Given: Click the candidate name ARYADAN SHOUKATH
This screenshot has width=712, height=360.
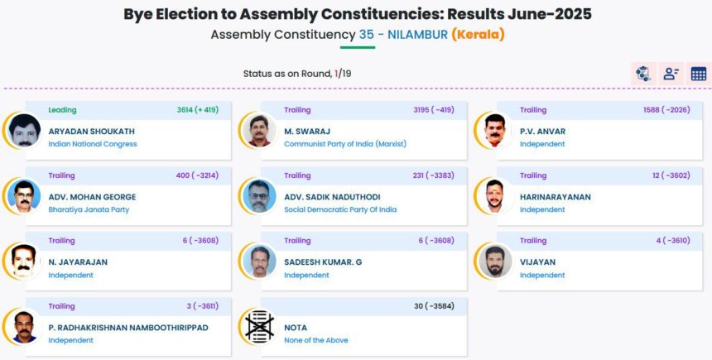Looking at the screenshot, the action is [x=92, y=132].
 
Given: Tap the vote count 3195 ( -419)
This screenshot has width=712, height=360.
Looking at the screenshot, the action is [x=434, y=110].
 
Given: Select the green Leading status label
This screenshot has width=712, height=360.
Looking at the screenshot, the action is [x=62, y=110].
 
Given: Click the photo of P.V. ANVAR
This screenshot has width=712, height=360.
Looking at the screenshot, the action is [x=494, y=130].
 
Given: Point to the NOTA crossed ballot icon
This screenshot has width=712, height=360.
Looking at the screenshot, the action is [x=259, y=326].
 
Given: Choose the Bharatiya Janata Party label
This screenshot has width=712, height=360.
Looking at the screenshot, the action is [x=89, y=209].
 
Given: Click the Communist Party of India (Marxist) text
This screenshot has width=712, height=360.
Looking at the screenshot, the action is [x=345, y=144].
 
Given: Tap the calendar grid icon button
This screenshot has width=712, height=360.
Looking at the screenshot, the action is [x=699, y=74].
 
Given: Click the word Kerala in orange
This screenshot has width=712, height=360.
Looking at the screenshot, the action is [x=478, y=35].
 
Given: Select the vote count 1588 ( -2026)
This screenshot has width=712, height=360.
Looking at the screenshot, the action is [x=666, y=110].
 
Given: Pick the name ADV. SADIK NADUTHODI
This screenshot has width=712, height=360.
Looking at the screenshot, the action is [x=332, y=197].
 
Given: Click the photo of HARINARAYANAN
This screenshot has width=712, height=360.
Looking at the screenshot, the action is [x=494, y=195].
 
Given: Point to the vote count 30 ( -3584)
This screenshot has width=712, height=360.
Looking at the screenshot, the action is [x=434, y=306].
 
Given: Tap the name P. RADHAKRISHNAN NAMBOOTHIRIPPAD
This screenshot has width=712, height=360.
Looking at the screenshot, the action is [x=128, y=328].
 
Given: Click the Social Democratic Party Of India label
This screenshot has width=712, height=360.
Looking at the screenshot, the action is [x=340, y=209].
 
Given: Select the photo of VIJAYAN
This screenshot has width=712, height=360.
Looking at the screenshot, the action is [x=494, y=261].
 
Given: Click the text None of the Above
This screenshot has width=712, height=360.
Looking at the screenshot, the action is [x=316, y=340].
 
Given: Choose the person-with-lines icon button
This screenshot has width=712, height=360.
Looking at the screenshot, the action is [x=671, y=74].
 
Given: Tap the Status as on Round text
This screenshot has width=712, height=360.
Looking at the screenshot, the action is [x=287, y=74].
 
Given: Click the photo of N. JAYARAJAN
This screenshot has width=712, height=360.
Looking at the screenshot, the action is [x=24, y=261].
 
